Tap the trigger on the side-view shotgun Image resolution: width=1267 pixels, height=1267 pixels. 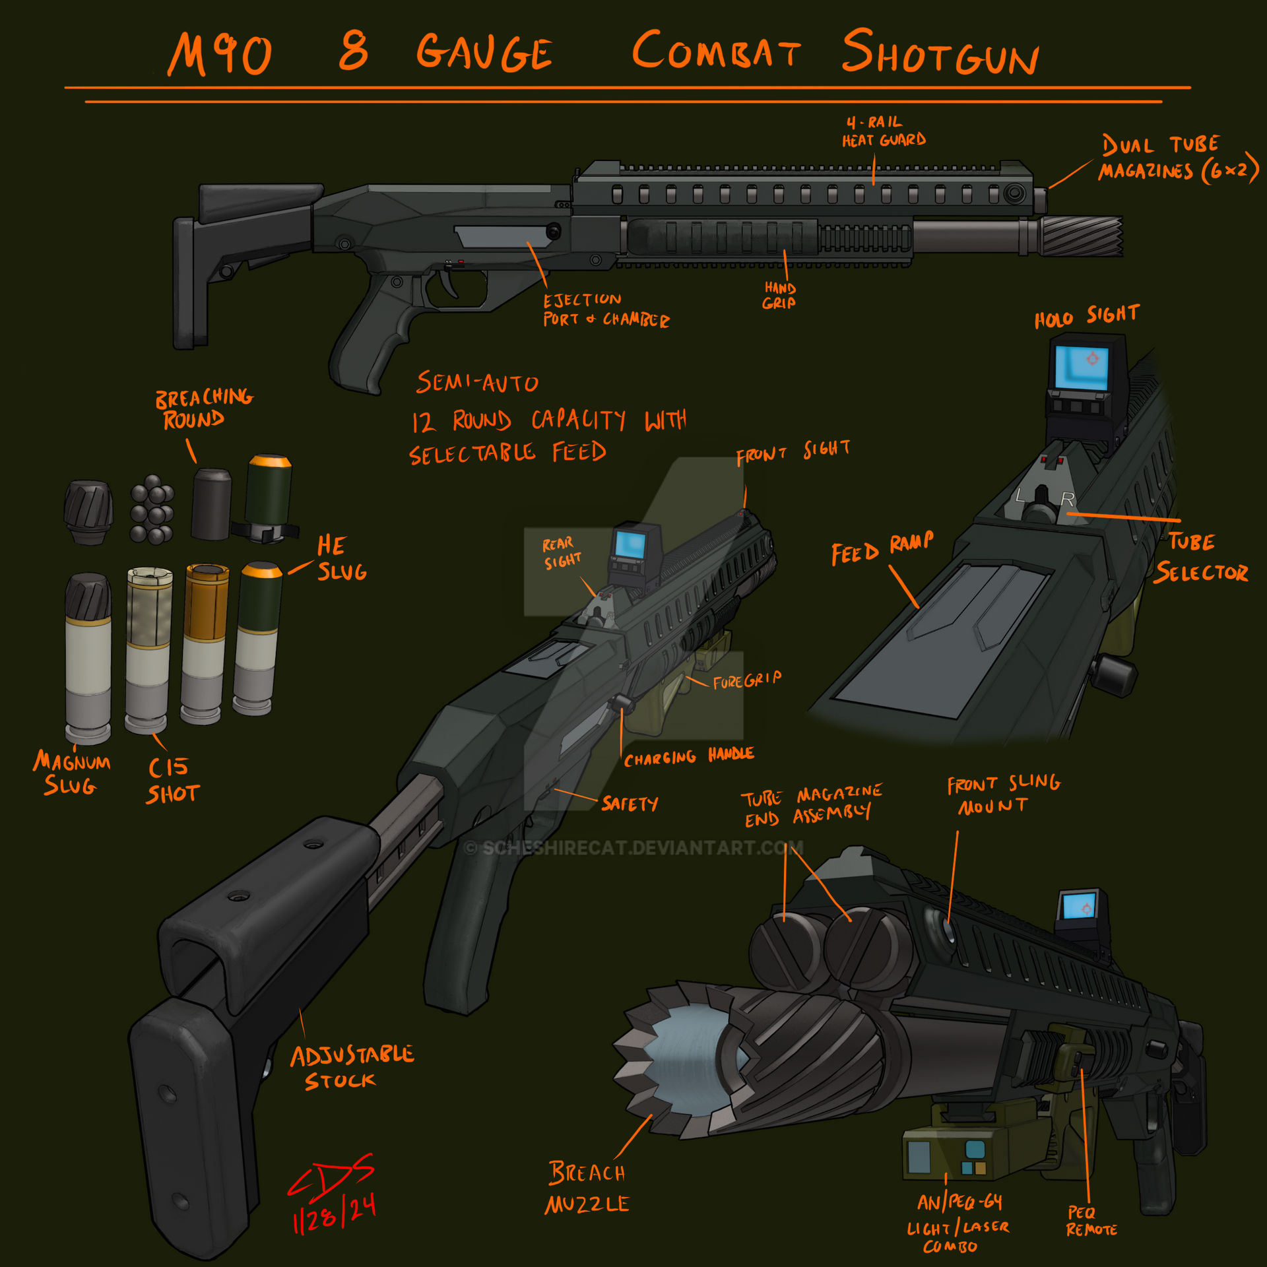pos(451,282)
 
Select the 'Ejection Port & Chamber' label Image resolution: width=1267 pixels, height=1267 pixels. pos(605,310)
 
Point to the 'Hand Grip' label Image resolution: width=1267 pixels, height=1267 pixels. pos(779,296)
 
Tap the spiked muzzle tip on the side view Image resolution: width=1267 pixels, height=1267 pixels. pos(1082,236)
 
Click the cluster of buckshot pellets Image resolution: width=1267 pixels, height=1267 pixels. pos(152,509)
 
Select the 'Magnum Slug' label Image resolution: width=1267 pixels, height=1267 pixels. pos(71,773)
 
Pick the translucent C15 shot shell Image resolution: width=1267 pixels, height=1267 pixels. pos(148,650)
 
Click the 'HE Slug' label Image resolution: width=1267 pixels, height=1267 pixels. pos(341,558)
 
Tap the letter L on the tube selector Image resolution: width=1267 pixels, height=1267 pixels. pos(1020,495)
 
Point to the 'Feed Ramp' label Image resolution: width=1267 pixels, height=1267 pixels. pos(882,549)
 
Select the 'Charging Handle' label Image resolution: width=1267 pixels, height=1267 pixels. pos(688,756)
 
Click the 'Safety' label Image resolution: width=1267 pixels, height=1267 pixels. pos(629,803)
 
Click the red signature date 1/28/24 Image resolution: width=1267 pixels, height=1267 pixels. pos(335,1212)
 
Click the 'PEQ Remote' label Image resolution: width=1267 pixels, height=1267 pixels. pos(1091,1221)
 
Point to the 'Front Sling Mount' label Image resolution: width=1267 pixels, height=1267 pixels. pos(1002,794)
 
